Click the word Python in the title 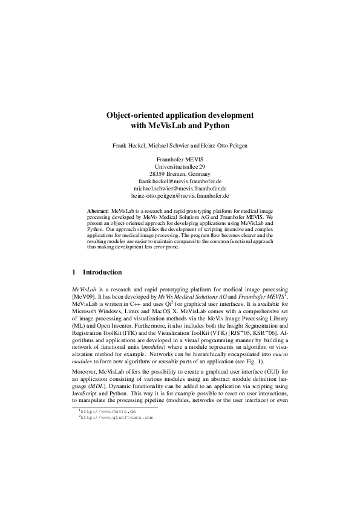point(217,126)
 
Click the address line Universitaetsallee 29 point(180,166)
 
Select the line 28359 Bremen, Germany point(180,173)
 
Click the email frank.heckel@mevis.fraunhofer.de point(180,181)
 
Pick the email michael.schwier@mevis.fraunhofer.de point(180,188)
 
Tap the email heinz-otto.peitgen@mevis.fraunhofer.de point(180,196)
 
